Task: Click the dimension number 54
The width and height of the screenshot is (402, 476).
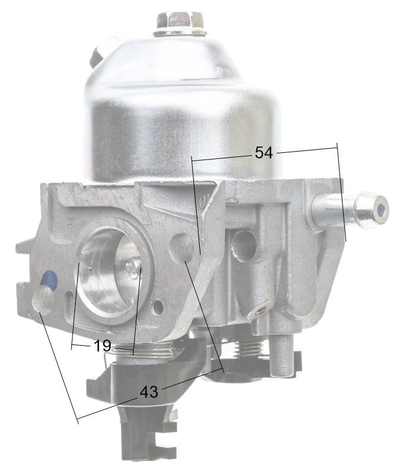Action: pos(263,153)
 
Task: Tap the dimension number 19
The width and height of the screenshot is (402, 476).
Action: pos(102,346)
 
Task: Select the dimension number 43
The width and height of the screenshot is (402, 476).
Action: pos(149,392)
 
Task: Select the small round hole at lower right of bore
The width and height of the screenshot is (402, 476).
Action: pos(157,308)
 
